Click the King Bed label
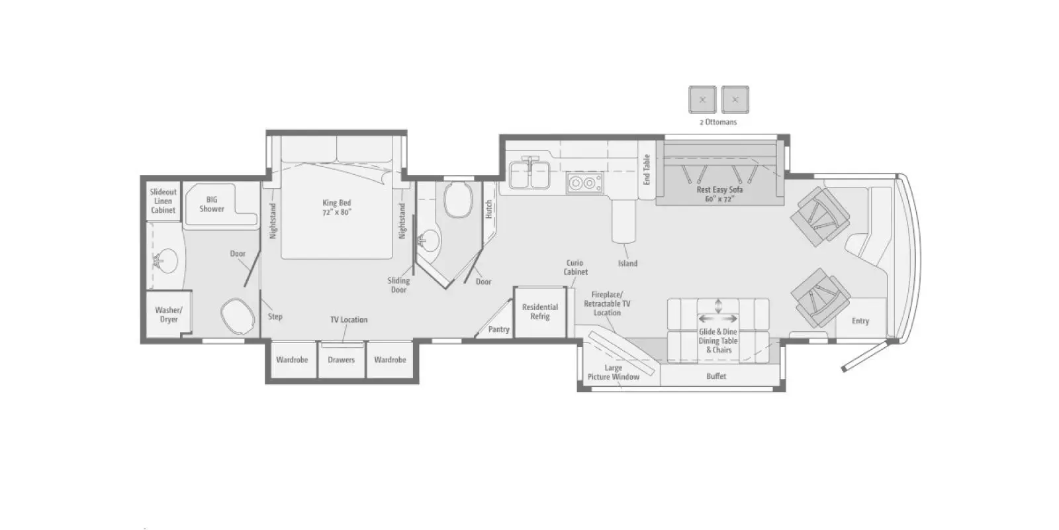(x=337, y=207)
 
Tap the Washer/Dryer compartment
(x=168, y=315)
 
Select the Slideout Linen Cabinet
(x=163, y=201)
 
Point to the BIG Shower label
(x=212, y=204)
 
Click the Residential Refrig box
(x=540, y=312)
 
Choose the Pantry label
(x=499, y=329)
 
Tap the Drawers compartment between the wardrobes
(x=341, y=360)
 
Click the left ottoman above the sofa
(x=702, y=99)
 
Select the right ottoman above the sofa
(x=735, y=99)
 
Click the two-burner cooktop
(x=585, y=183)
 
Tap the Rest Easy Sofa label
(x=719, y=194)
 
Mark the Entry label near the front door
(x=860, y=321)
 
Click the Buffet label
(x=716, y=376)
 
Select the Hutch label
(x=489, y=209)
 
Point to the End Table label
(x=646, y=170)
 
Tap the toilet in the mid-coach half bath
(x=458, y=199)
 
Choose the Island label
(x=628, y=263)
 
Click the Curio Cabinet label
(x=575, y=268)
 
